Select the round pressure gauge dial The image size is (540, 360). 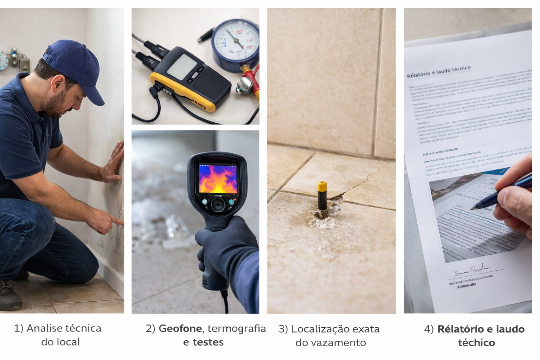[x=236, y=40]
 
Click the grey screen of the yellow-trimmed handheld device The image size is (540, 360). [x=182, y=66]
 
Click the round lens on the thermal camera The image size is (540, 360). [x=218, y=204]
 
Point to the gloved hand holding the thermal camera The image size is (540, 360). [x=225, y=243]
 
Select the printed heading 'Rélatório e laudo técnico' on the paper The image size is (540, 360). [x=438, y=71]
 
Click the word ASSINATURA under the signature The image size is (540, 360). [x=467, y=286]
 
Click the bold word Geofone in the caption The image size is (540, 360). [x=180, y=328]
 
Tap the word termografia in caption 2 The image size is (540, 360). [x=237, y=328]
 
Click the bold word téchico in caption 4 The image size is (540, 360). [x=476, y=342]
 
